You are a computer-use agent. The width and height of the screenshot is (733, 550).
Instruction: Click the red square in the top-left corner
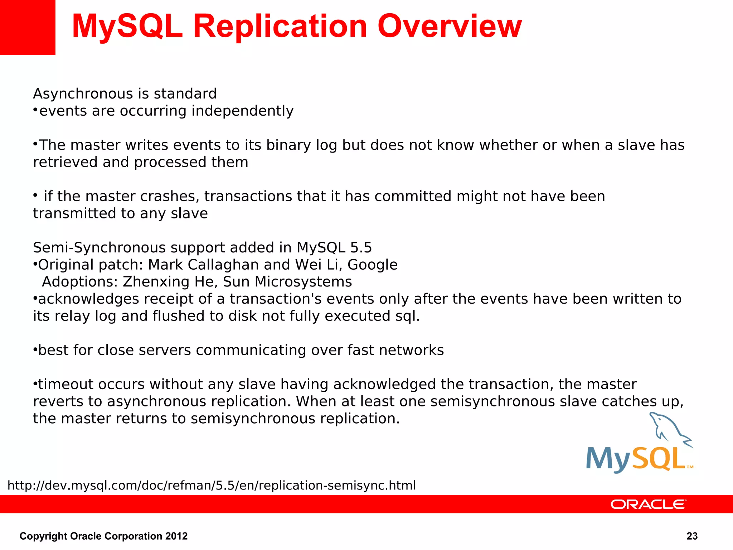(27, 27)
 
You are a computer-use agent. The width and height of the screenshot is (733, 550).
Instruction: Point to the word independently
(242, 111)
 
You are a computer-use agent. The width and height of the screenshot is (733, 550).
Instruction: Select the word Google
(372, 265)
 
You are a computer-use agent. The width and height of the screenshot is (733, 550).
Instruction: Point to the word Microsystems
(303, 282)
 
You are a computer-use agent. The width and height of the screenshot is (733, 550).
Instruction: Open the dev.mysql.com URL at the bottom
(212, 486)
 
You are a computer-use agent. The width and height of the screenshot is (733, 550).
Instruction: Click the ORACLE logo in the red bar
(648, 504)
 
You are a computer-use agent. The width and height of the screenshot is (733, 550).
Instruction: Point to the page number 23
(692, 536)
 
